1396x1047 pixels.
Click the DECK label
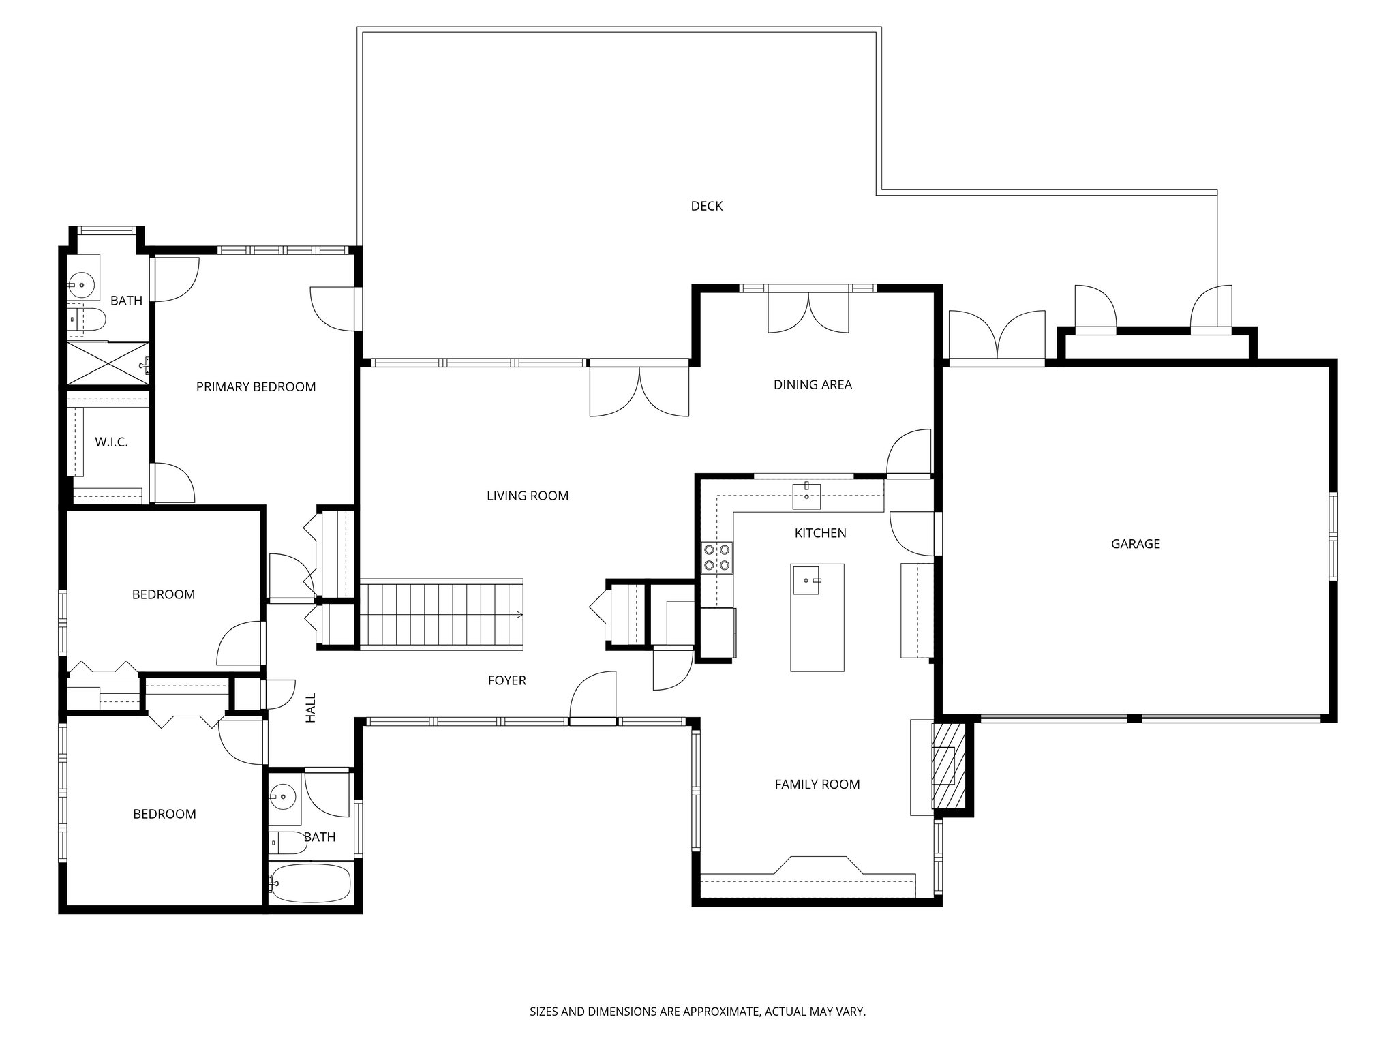[707, 206]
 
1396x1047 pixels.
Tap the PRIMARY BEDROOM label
[256, 387]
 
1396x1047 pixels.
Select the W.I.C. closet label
[111, 442]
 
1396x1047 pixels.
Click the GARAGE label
[1136, 544]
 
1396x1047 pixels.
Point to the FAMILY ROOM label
[817, 785]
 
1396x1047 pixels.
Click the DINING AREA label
[813, 385]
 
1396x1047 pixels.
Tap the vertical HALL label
[311, 708]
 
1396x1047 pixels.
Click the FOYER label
[507, 680]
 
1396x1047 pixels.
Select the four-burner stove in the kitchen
[717, 556]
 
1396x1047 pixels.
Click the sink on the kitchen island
[807, 580]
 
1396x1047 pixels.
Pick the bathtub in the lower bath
[310, 883]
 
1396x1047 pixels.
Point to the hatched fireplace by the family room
[950, 765]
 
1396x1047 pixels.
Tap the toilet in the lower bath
[287, 843]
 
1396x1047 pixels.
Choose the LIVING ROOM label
[528, 496]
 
